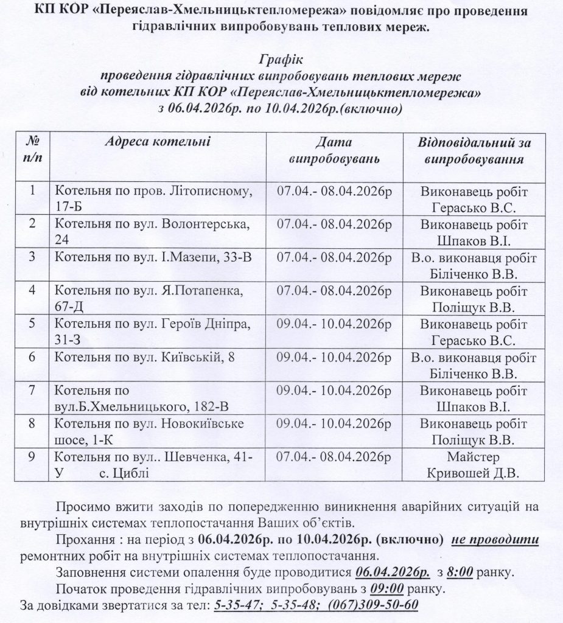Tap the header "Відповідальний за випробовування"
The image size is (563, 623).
[x=474, y=151]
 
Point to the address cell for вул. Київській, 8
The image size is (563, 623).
[x=145, y=357]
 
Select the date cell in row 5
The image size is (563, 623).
[x=334, y=323]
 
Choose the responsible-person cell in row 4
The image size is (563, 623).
[x=474, y=298]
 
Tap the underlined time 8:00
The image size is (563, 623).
[x=463, y=573]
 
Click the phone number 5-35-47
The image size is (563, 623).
[x=234, y=606]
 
